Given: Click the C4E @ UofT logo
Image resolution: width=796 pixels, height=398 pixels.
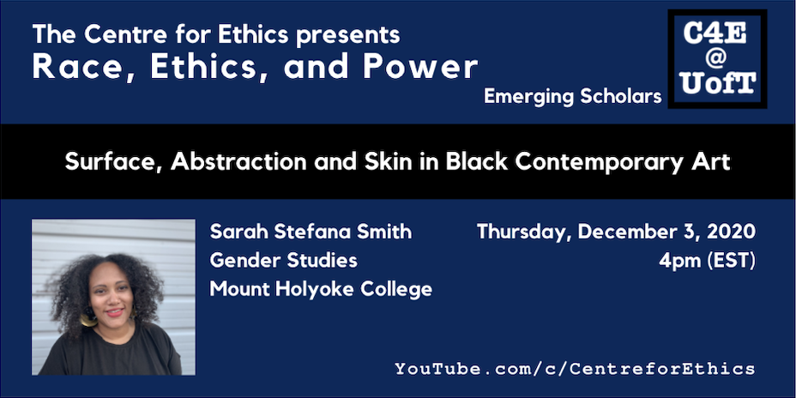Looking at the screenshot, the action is click(x=717, y=59).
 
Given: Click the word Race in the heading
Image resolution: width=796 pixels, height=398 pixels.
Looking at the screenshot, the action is click(x=65, y=68).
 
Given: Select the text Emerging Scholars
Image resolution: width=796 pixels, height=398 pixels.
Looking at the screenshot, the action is click(x=573, y=96).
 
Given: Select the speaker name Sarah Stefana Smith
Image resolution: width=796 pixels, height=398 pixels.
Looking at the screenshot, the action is click(x=311, y=232).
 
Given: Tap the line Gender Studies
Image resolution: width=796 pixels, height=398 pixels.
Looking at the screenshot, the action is click(x=283, y=261).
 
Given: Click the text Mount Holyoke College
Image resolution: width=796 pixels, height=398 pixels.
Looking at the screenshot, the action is click(x=321, y=290).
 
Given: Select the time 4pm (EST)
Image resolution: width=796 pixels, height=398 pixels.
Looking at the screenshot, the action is click(x=708, y=262).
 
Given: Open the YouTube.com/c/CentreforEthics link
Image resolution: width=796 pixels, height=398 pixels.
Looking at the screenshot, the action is click(x=575, y=368).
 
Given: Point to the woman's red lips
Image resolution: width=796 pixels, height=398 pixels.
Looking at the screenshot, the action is click(x=115, y=313).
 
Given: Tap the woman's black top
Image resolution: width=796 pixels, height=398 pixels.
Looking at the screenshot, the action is click(x=111, y=355).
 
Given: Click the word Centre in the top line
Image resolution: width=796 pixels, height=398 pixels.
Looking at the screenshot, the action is click(x=118, y=34).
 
